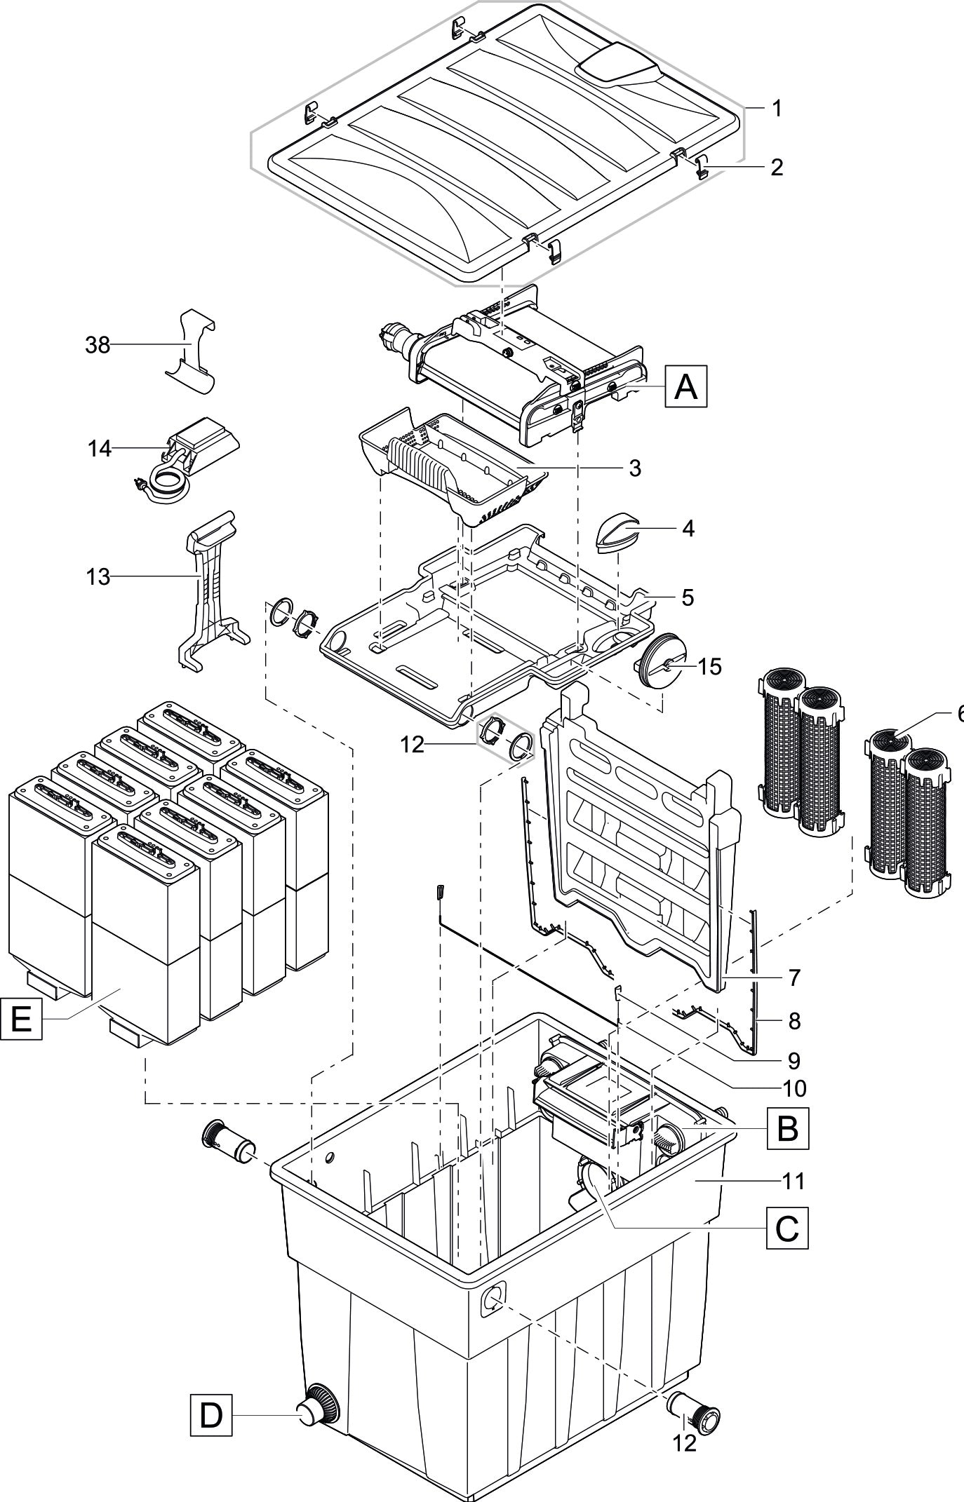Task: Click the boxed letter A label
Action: pyautogui.click(x=685, y=386)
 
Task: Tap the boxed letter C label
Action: pyautogui.click(x=787, y=1227)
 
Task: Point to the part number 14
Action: pyautogui.click(x=100, y=448)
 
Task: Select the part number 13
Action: pyautogui.click(x=98, y=577)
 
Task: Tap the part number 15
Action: pyautogui.click(x=710, y=666)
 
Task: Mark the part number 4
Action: pyautogui.click(x=688, y=528)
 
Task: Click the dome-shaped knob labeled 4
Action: pyautogui.click(x=617, y=533)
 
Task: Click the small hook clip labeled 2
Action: pyautogui.click(x=702, y=168)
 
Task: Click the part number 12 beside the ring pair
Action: pyautogui.click(x=413, y=745)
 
